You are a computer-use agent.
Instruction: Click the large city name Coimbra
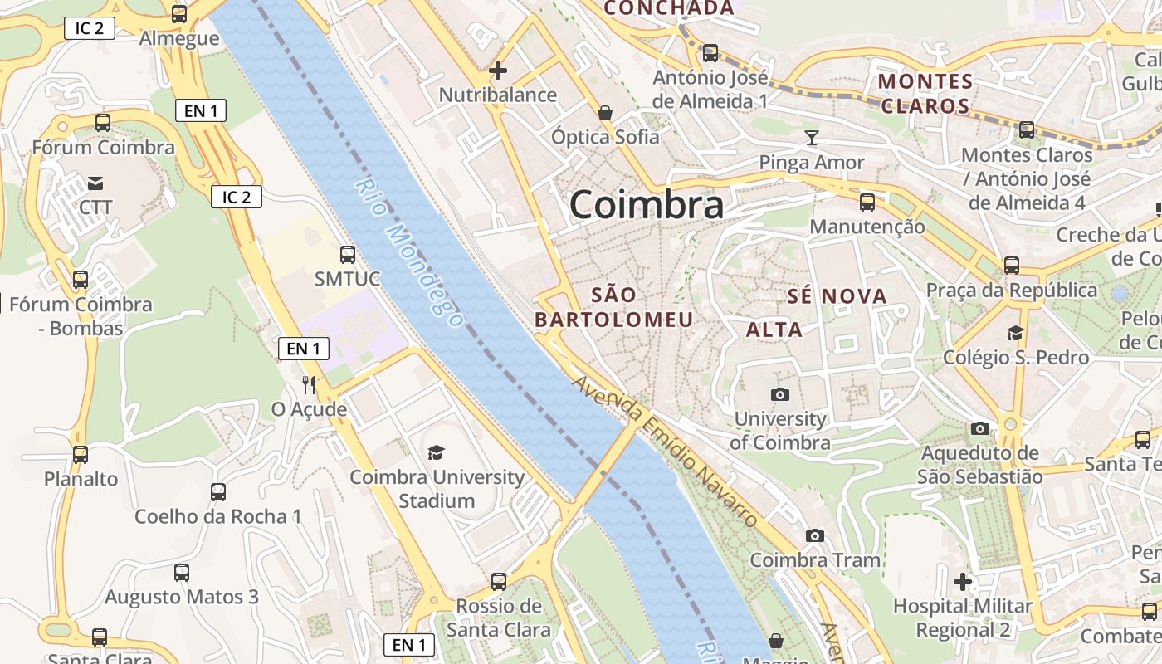click(647, 205)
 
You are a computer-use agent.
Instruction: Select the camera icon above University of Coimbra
click(779, 394)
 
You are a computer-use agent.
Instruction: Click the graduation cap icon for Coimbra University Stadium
click(436, 452)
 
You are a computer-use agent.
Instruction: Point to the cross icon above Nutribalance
click(498, 71)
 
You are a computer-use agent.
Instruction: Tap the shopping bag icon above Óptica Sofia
click(605, 112)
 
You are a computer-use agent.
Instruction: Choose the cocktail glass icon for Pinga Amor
click(812, 137)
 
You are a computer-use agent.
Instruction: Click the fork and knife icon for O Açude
click(309, 384)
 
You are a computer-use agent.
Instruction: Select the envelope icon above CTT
click(95, 183)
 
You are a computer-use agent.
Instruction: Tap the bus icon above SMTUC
click(347, 255)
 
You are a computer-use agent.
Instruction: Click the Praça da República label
click(1012, 290)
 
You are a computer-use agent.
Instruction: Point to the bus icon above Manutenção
click(867, 202)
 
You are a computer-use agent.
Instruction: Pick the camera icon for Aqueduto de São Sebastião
click(980, 428)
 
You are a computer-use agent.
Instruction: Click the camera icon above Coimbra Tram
click(815, 535)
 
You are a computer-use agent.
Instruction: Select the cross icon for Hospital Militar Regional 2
click(963, 582)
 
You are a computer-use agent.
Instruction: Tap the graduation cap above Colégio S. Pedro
click(1015, 333)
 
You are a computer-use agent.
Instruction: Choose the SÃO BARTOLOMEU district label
click(614, 307)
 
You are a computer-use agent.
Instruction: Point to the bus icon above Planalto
click(81, 455)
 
